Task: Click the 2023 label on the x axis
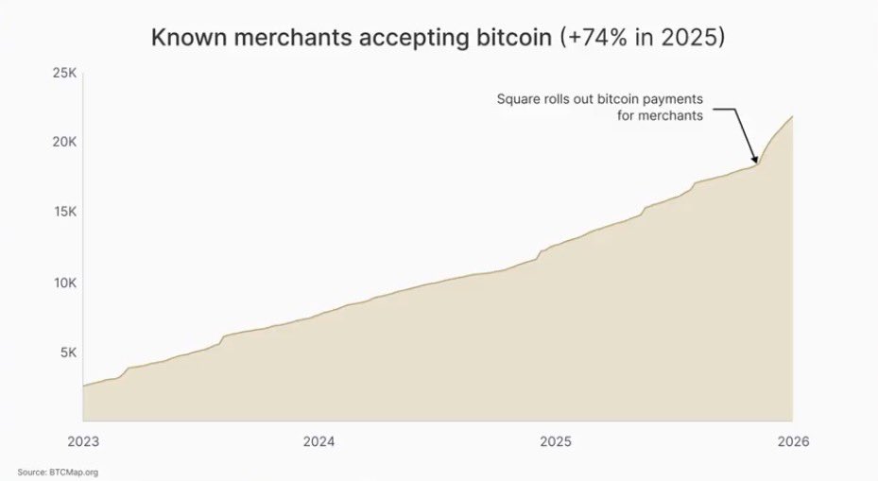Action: tap(83, 440)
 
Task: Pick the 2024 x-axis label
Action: tap(319, 440)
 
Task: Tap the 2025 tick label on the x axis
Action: tap(556, 440)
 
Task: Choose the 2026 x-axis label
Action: tap(792, 440)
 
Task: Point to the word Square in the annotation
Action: tap(517, 100)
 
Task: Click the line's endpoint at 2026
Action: tap(792, 116)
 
